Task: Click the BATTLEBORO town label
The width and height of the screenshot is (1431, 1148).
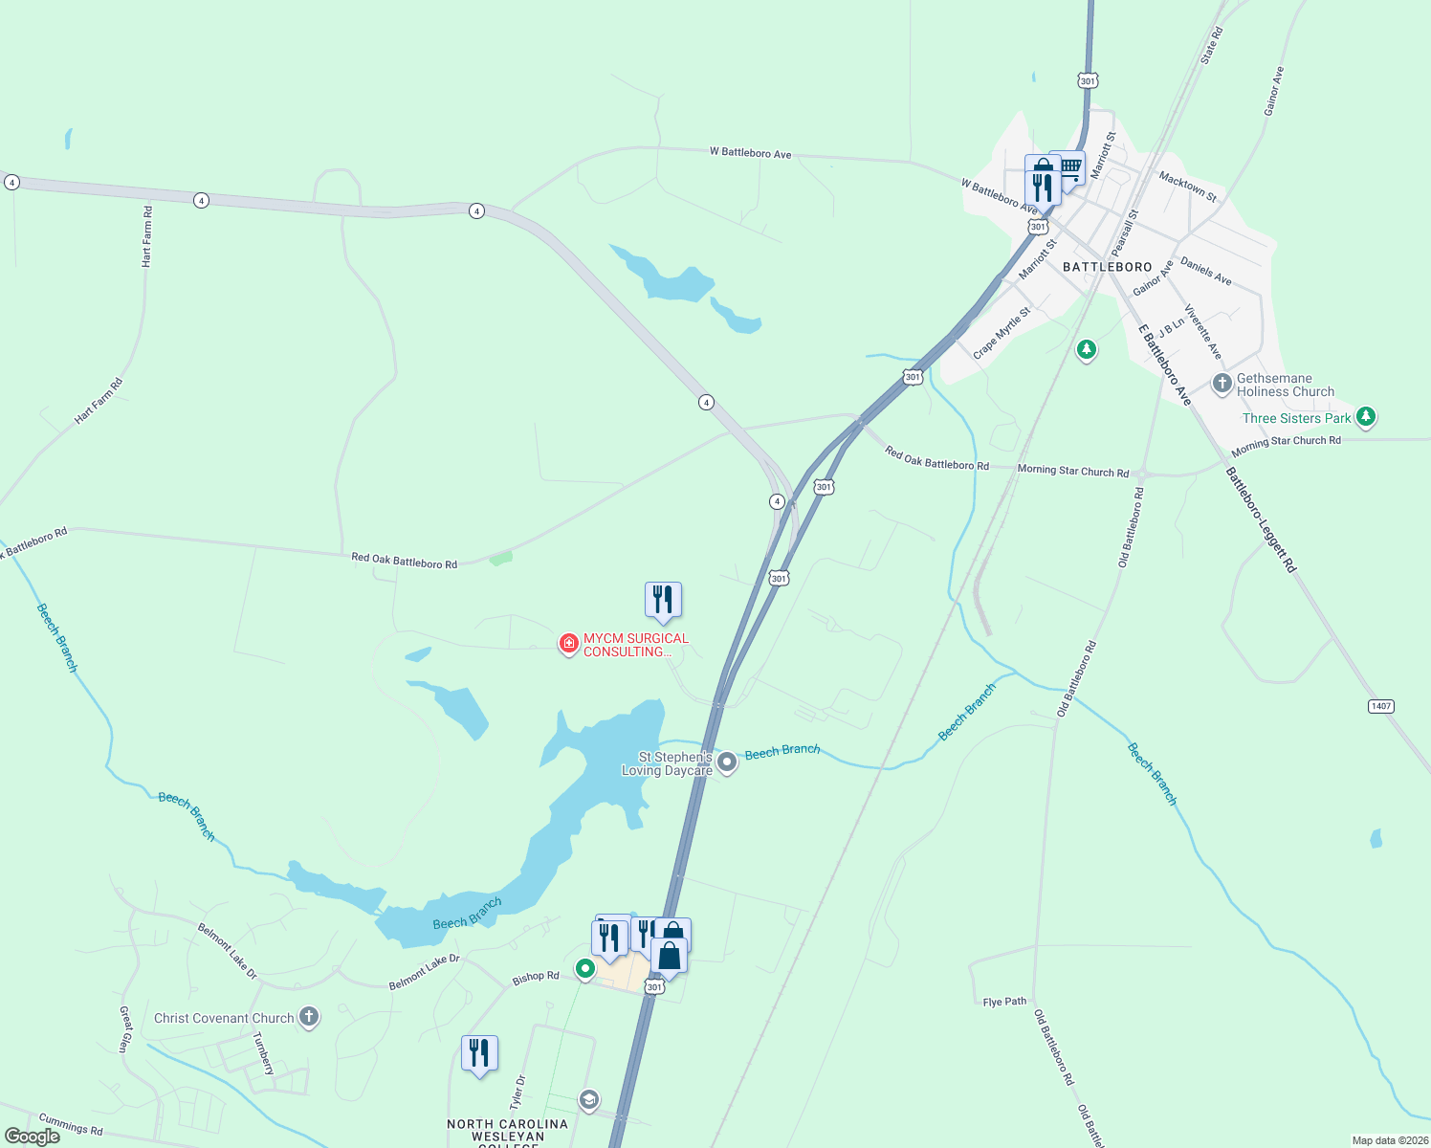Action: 1107,267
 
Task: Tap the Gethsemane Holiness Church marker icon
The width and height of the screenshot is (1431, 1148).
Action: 1222,385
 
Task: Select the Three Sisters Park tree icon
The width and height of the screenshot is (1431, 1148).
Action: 1366,416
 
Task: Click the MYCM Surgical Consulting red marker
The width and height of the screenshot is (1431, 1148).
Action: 569,644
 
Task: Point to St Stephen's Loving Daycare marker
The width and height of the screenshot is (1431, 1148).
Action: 727,762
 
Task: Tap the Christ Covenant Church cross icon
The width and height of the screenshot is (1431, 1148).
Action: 308,1017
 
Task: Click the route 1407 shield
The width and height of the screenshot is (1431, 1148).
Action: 1380,706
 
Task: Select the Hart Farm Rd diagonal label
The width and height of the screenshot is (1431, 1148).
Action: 99,402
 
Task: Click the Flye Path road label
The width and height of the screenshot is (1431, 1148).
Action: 1004,1002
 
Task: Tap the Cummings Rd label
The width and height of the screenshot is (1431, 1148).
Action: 70,1124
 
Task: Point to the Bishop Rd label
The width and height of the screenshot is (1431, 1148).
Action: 536,977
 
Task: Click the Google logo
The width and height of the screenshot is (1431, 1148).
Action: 33,1137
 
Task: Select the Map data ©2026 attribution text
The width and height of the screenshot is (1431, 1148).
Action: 1388,1140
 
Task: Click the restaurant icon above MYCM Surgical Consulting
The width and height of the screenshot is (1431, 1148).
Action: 663,600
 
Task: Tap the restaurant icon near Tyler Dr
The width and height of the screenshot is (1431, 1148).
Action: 479,1053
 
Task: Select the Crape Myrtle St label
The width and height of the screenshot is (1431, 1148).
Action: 1002,333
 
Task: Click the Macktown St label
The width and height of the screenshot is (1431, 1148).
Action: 1187,186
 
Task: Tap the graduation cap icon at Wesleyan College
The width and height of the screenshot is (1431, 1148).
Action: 589,1100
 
